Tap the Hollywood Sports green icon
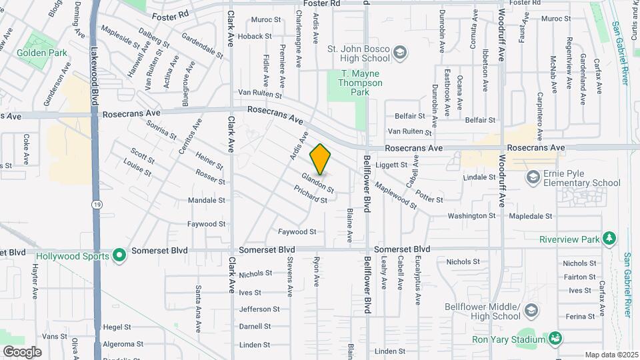point(119,254)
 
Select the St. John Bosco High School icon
point(400,53)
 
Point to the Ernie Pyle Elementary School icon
point(533,177)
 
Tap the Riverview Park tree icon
point(608,238)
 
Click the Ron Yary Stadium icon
point(555,339)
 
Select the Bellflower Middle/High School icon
point(531,311)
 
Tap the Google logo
point(22,351)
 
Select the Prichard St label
point(311,195)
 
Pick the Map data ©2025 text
point(611,355)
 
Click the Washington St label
point(471,216)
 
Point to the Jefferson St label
point(259,309)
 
